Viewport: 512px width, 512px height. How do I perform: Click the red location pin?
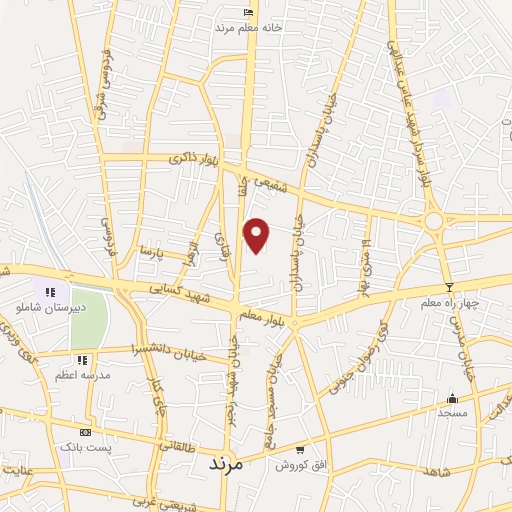click(257, 234)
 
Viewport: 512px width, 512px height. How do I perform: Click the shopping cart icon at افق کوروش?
click(300, 450)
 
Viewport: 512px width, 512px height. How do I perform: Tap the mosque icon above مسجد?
click(452, 397)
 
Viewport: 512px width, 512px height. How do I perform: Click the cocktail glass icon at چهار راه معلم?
click(449, 287)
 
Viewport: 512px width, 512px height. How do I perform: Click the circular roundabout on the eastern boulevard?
click(434, 220)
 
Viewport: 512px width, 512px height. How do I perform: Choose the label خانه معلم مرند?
click(249, 28)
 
